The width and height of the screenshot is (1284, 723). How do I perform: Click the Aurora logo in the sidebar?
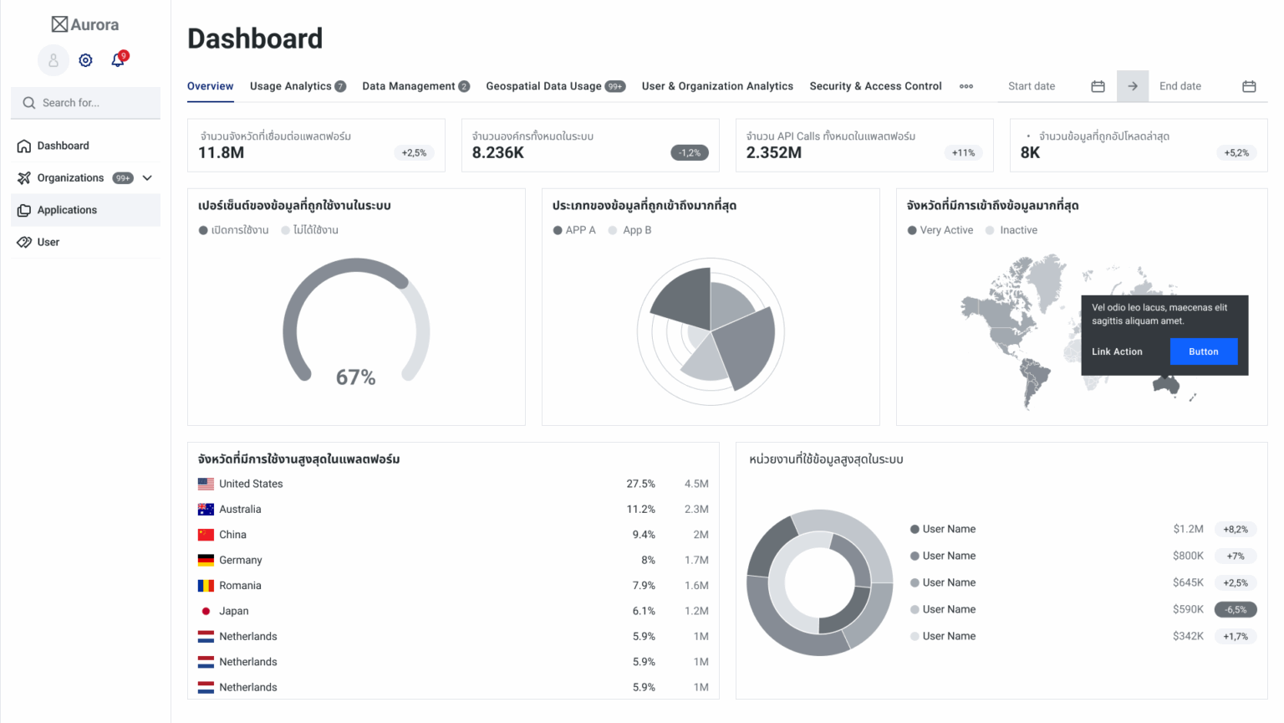tap(85, 24)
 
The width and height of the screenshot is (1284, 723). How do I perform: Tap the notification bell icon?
tap(118, 60)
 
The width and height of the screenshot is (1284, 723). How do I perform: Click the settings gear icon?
tap(85, 60)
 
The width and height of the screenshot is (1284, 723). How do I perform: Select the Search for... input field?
tap(92, 103)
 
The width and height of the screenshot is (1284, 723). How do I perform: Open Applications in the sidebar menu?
tap(67, 210)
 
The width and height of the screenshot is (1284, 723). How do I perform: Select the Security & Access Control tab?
tap(875, 86)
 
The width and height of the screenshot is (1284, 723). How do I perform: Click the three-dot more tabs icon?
tap(966, 86)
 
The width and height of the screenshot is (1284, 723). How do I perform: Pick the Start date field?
tap(1045, 86)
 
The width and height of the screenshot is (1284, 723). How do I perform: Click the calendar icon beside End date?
tap(1249, 86)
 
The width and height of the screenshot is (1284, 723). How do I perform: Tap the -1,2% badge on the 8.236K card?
tap(690, 153)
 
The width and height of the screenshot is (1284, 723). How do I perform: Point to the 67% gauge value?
tap(355, 377)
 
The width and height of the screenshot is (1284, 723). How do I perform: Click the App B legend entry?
tap(636, 230)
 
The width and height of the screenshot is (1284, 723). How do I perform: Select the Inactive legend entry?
tap(1017, 230)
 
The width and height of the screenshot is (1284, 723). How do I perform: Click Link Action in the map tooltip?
tap(1117, 351)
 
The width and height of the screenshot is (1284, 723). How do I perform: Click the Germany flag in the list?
tap(206, 560)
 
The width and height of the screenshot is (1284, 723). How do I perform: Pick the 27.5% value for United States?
tap(640, 484)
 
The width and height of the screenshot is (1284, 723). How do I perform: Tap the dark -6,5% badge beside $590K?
tap(1235, 610)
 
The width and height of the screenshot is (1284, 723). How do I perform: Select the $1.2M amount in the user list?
tap(1188, 529)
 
